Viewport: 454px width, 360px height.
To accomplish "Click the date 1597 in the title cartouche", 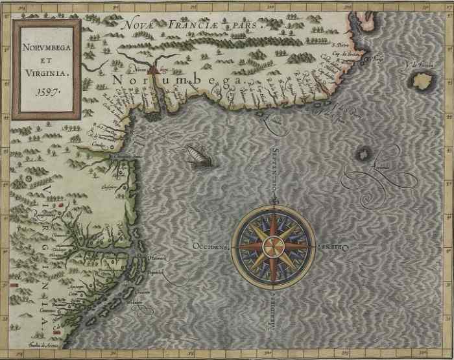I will [x=47, y=91].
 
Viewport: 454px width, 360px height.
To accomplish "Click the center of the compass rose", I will [x=273, y=245].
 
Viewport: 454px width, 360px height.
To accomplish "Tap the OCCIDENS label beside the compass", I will [x=211, y=246].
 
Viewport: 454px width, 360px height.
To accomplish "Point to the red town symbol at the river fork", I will [x=153, y=66].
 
